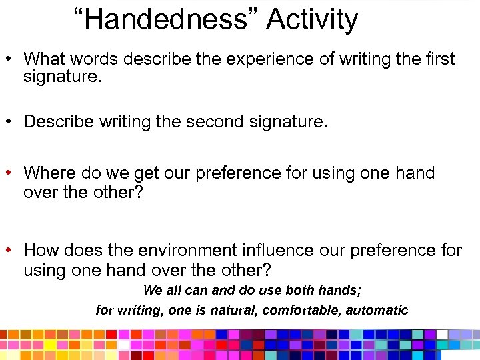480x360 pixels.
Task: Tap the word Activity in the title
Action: coord(312,19)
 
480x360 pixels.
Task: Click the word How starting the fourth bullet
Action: coord(39,251)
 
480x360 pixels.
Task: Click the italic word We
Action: coord(153,290)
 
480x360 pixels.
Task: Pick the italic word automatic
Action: coord(380,310)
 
